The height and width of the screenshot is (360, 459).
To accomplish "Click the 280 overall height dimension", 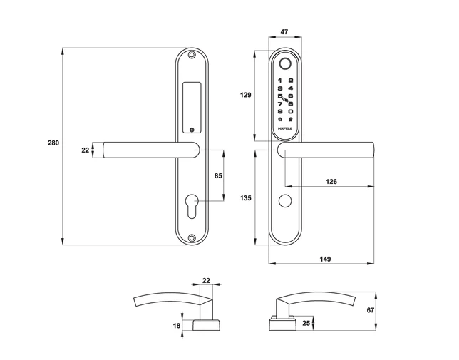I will tap(53, 143).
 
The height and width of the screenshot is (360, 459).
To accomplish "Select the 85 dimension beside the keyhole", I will tap(218, 175).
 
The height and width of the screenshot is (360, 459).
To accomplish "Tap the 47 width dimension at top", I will tap(284, 33).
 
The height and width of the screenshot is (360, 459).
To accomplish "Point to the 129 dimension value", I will tap(245, 95).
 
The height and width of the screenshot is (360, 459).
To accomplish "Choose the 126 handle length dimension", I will tap(331, 182).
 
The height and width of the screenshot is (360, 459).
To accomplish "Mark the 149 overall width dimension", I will tap(325, 258).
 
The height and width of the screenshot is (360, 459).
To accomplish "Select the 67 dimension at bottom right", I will tap(390, 311).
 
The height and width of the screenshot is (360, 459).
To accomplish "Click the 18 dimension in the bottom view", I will tap(177, 325).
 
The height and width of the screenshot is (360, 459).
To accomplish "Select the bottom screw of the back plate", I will tap(192, 239).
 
